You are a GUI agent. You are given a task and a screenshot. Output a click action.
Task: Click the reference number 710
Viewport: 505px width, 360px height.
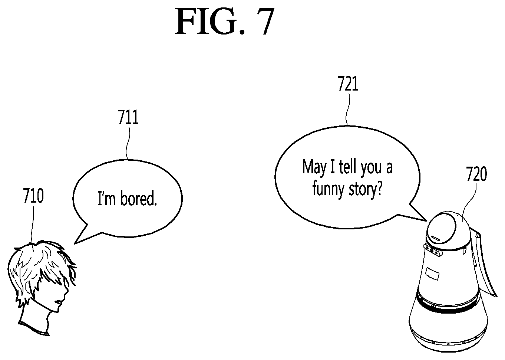33,196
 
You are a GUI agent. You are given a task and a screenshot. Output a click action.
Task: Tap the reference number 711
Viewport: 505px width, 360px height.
128,117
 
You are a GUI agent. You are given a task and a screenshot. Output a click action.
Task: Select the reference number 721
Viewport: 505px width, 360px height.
348,84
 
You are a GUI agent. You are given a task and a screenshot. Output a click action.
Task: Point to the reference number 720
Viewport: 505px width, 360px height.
476,174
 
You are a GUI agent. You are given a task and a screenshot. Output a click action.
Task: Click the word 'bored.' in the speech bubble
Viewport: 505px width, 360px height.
139,199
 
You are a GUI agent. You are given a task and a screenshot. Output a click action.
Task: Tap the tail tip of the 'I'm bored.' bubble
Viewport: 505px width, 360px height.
75,244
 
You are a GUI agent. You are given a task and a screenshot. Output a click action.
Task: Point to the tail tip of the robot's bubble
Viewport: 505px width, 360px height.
426,220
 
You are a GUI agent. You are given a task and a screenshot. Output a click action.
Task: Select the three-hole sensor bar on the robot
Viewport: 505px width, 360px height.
432,251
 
